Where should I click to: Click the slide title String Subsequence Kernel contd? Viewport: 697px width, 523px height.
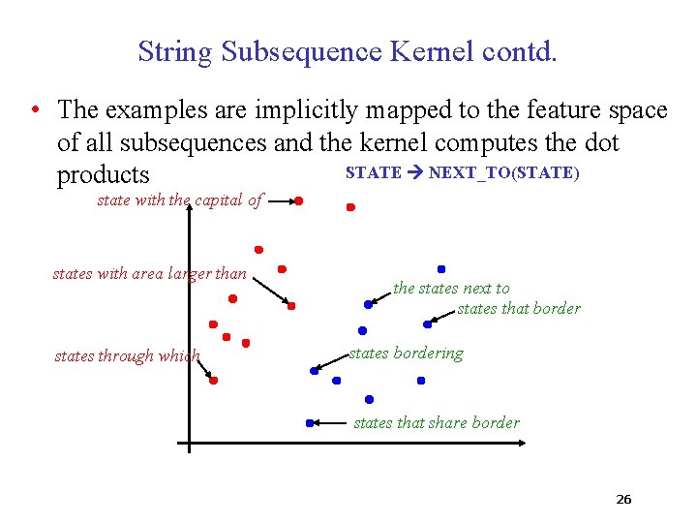point(348,51)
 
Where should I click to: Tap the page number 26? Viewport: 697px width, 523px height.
point(623,500)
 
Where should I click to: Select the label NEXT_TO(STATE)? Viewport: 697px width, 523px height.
point(503,172)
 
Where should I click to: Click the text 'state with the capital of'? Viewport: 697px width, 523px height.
point(180,200)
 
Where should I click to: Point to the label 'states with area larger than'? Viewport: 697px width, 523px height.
point(150,274)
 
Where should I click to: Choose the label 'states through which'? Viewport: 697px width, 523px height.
point(127,355)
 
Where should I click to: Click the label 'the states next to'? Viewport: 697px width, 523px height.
point(451,288)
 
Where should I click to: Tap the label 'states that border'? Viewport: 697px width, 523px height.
point(519,308)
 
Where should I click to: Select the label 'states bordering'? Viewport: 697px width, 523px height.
point(406,354)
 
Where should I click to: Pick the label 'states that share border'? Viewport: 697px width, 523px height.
point(437,422)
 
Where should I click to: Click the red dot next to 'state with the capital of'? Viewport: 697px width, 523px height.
point(299,200)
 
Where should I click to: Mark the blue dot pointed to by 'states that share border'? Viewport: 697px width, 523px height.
point(310,422)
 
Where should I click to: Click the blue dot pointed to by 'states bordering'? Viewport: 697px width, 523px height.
point(314,370)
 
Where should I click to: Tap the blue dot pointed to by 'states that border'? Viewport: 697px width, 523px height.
point(427,324)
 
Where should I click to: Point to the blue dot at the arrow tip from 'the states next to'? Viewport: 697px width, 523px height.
point(368,304)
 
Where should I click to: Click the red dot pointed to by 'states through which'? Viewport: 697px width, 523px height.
point(213,381)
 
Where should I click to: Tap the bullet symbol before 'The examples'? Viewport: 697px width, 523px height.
point(34,110)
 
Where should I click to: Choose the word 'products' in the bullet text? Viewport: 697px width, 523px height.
point(104,175)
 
